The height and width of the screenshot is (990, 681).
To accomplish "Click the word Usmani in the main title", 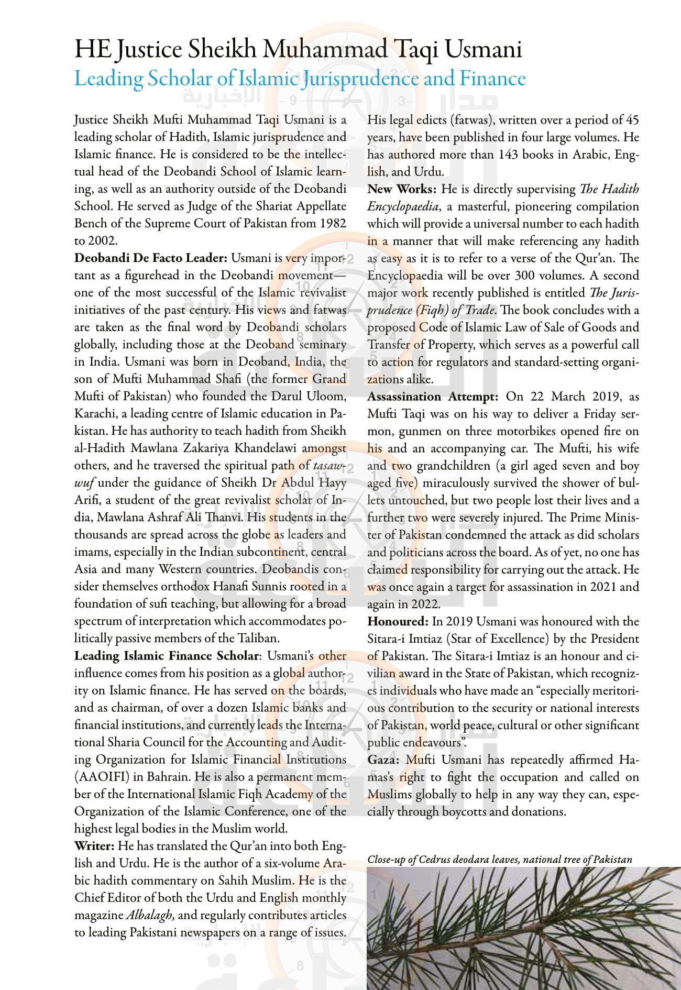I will (483, 50).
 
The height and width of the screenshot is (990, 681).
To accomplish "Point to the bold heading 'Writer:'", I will (94, 846).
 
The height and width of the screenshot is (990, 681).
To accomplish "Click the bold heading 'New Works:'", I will (402, 189).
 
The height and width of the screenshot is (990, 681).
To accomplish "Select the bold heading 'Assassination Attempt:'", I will (432, 397).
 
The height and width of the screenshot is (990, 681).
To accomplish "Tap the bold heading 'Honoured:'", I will (398, 622).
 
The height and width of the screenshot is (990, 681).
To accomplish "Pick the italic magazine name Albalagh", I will (149, 915).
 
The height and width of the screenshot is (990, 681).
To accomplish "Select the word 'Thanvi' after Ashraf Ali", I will (222, 518).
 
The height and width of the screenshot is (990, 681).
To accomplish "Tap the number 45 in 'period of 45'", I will (632, 120).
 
